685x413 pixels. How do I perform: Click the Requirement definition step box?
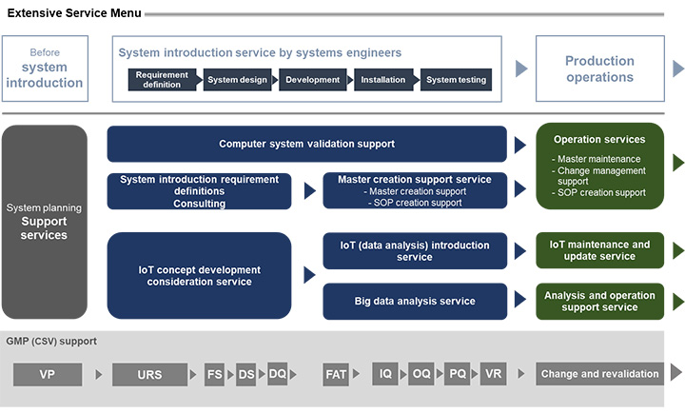162,80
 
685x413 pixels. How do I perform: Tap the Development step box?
311,80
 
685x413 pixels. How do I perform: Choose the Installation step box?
383,80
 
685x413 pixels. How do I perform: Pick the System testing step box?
456,80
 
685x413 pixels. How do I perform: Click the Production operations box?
599,69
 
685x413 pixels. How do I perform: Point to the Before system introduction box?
45,69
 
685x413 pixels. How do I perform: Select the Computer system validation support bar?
306,144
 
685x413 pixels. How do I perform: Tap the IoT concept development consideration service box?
199,275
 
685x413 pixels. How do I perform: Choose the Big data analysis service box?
414,301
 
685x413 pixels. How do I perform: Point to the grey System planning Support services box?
44,221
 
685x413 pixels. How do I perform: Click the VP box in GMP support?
47,374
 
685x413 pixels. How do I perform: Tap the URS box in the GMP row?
149,374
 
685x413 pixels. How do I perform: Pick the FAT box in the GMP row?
336,374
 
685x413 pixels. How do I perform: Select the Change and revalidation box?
599,374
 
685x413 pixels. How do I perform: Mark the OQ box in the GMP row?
421,374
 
